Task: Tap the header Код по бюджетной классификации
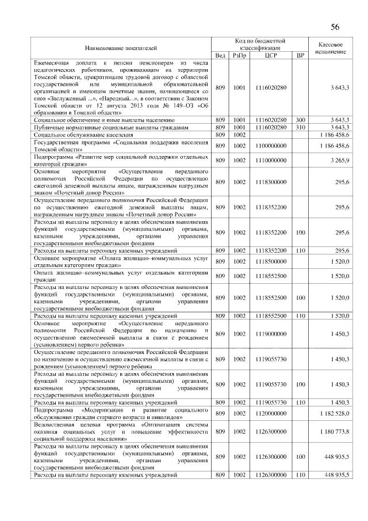click(x=260, y=44)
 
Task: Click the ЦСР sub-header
click(x=271, y=55)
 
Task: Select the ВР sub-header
click(x=300, y=55)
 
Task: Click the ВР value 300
click(x=300, y=119)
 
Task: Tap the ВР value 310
click(x=300, y=127)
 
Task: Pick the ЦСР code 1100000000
click(x=271, y=146)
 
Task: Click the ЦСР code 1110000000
click(x=271, y=161)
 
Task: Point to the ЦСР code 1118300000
click(x=271, y=182)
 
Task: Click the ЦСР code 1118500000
click(x=271, y=261)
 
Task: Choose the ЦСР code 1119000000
click(x=271, y=333)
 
